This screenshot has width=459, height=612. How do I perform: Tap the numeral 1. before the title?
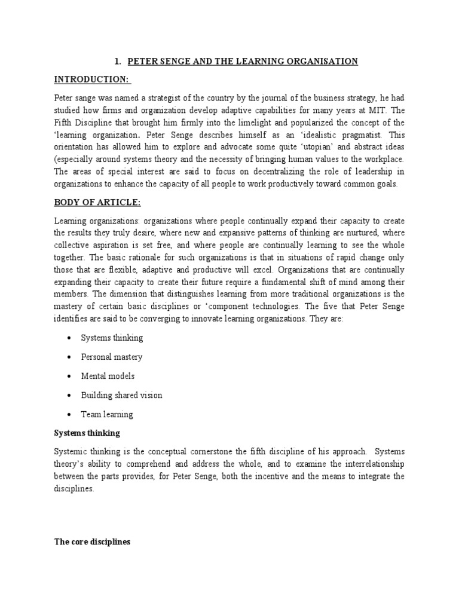(x=118, y=62)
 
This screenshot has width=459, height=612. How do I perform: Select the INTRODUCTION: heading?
(x=93, y=79)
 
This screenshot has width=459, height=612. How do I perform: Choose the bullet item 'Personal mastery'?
(x=112, y=357)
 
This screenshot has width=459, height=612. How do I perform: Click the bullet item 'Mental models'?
(x=108, y=376)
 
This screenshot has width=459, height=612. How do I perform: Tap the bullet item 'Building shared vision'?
(x=121, y=395)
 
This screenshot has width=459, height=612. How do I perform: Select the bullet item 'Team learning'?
(x=107, y=414)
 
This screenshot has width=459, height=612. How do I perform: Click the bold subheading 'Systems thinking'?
(x=87, y=432)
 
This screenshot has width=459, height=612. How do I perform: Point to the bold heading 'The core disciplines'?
(x=92, y=542)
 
